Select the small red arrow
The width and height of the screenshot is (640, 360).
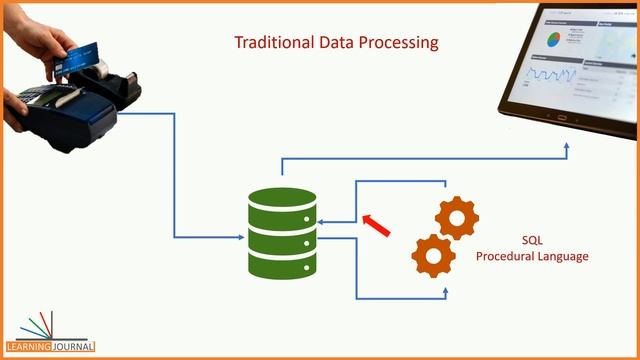pyautogui.click(x=376, y=226)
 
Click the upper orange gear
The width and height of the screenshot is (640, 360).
pyautogui.click(x=457, y=219)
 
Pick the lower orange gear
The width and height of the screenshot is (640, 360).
pyautogui.click(x=433, y=254)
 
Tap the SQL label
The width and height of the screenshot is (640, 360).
pyautogui.click(x=532, y=240)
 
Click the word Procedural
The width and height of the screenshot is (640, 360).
pyautogui.click(x=507, y=257)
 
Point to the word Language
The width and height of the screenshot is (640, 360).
pyautogui.click(x=565, y=257)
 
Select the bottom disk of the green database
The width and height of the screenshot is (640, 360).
pyautogui.click(x=282, y=263)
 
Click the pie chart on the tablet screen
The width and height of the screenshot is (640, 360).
pyautogui.click(x=551, y=38)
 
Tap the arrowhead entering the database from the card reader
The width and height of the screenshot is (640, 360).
pyautogui.click(x=241, y=237)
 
